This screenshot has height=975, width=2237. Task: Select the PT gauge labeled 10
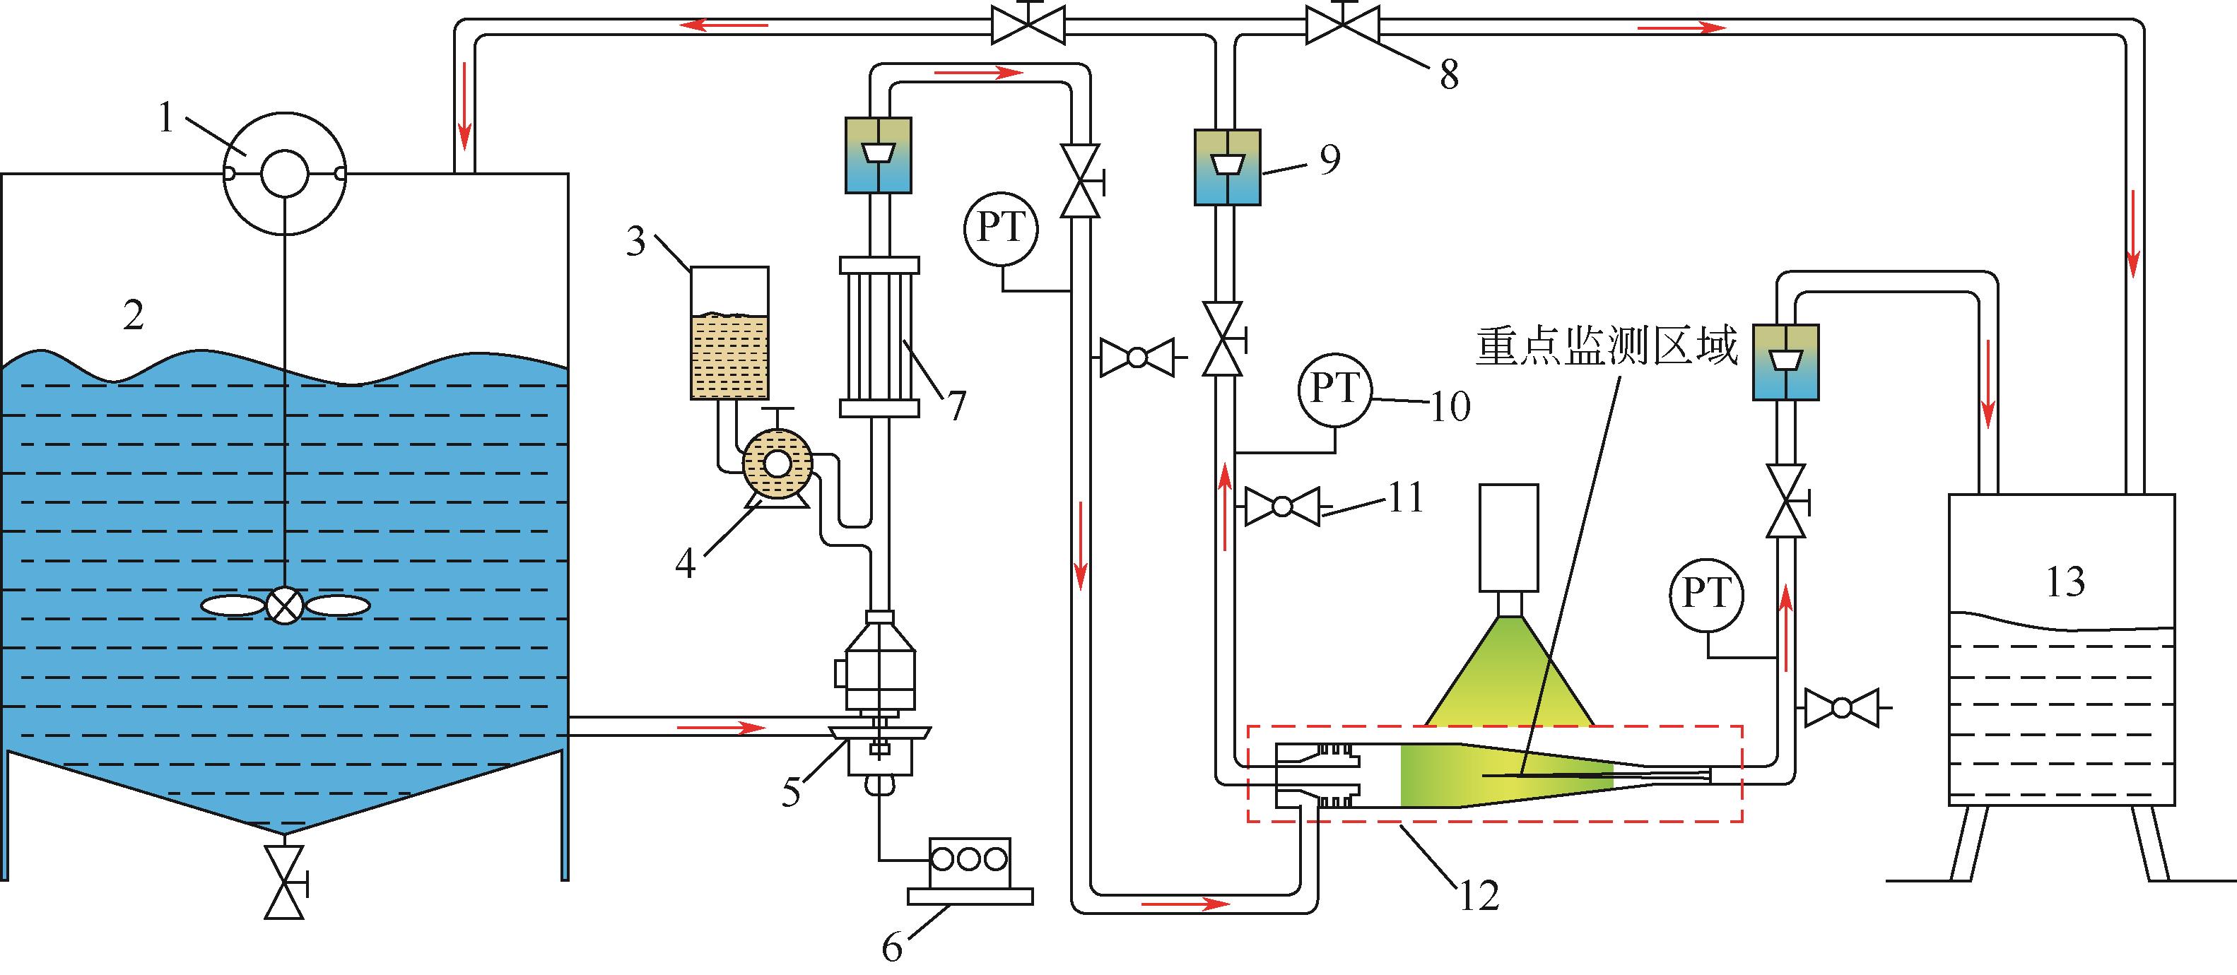click(x=1334, y=390)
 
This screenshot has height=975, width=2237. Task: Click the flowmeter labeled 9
click(x=1227, y=167)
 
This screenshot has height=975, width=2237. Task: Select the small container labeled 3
click(x=729, y=333)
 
